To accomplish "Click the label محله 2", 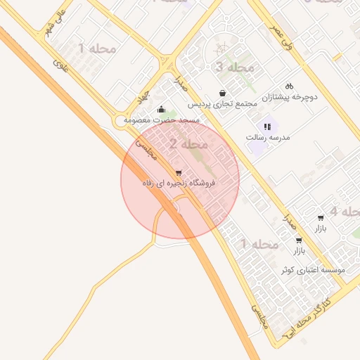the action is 189,145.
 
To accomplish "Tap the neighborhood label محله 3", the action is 234,67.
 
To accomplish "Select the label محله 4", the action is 344,211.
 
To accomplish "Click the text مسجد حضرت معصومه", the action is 162,120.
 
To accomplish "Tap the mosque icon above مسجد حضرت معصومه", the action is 162,110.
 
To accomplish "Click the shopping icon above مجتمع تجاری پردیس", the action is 223,94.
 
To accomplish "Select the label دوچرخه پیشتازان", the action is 290,97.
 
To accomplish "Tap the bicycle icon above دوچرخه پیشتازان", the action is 290,86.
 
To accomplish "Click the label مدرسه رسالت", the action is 268,137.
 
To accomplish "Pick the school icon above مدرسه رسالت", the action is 267,127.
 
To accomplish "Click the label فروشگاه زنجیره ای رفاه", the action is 178,183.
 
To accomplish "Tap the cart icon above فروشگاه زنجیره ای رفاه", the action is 178,172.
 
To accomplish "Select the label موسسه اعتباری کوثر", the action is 312,269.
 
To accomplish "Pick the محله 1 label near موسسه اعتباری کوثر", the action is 259,244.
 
